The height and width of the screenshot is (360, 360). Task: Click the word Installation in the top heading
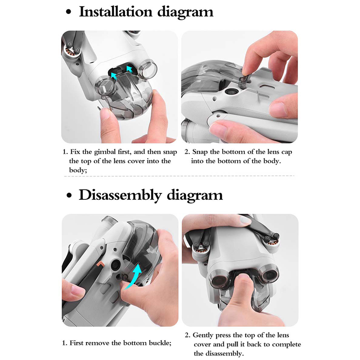[x=116, y=12]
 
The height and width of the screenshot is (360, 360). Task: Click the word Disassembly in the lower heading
[x=120, y=195]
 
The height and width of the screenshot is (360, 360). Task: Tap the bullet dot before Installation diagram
[x=68, y=12]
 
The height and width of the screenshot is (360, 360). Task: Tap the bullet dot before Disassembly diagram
[x=69, y=196]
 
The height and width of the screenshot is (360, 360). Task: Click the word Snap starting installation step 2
[x=200, y=152]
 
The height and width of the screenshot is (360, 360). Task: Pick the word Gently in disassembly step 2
[x=203, y=335]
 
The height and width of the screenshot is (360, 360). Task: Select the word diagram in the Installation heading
[x=185, y=12]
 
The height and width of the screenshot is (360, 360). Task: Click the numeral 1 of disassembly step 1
[x=64, y=343]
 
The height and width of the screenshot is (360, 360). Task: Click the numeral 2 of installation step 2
[x=187, y=152]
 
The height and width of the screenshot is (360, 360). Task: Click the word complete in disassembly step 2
[x=286, y=345]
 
